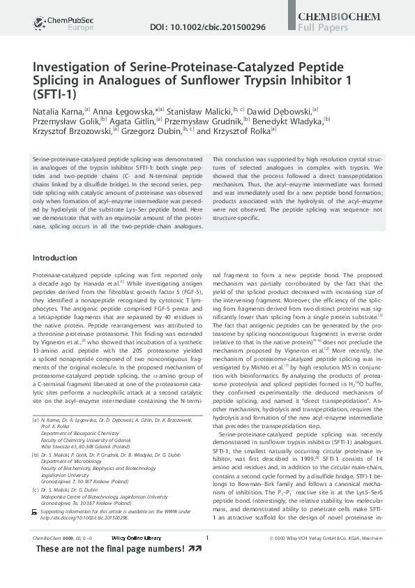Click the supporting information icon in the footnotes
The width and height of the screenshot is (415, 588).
click(x=36, y=512)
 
